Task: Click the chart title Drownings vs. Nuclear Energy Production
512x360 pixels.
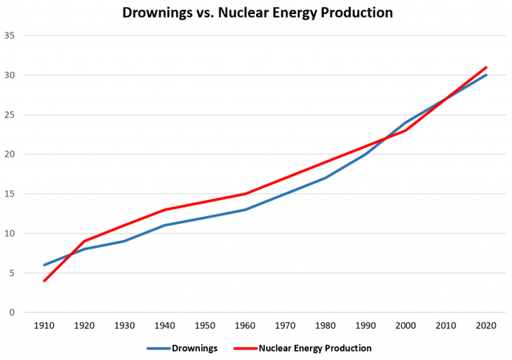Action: tap(257, 13)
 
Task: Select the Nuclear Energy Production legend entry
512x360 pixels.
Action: tap(314, 347)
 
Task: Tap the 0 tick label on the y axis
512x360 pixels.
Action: tap(12, 313)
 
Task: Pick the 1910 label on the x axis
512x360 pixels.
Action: tap(44, 327)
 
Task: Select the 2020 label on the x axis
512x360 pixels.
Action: tap(486, 327)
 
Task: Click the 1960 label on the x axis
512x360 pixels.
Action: tap(245, 327)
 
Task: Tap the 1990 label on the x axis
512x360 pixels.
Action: tap(365, 327)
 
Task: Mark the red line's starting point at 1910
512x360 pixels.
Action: tap(44, 281)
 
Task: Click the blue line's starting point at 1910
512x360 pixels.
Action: tap(44, 265)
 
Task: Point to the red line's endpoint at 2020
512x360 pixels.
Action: tap(486, 67)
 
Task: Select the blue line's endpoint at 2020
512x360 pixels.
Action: tap(486, 75)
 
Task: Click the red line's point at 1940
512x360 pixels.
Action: tap(165, 210)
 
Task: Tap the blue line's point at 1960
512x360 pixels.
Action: tap(245, 210)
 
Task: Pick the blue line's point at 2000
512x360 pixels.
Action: tap(405, 123)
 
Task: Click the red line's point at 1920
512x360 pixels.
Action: tap(84, 241)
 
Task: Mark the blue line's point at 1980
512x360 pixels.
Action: tap(325, 178)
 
